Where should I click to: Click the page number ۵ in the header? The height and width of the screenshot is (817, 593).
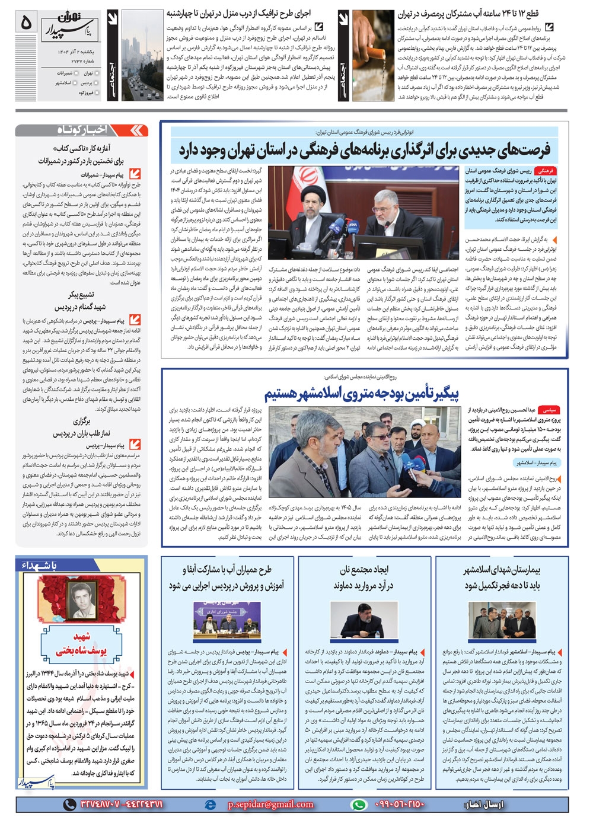pyautogui.click(x=25, y=23)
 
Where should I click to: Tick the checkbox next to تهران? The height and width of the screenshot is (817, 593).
pyautogui.click(x=97, y=73)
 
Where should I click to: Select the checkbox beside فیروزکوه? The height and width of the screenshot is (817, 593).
pyautogui.click(x=97, y=93)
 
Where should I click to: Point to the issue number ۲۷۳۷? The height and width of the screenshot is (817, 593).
pyautogui.click(x=80, y=60)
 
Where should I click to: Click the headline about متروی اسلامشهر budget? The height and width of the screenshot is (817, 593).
pyautogui.click(x=362, y=394)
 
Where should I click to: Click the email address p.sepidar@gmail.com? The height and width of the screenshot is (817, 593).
pyautogui.click(x=270, y=805)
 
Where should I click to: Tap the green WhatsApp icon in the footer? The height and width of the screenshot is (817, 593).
pyautogui.click(x=358, y=805)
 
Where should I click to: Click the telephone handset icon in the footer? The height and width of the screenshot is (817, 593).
pyautogui.click(x=71, y=805)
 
